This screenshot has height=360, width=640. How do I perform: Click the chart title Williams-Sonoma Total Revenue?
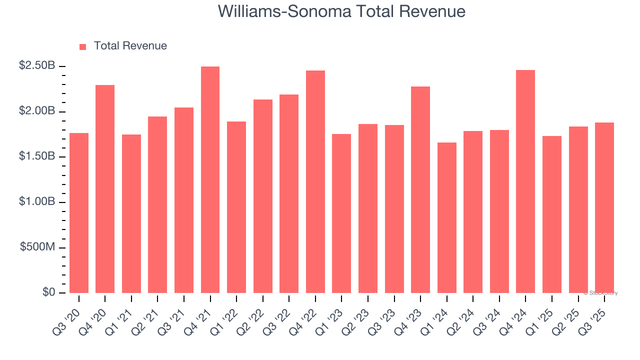(x=341, y=11)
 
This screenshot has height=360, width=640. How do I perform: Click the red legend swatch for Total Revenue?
(x=83, y=47)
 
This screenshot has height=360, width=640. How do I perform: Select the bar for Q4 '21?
(x=210, y=180)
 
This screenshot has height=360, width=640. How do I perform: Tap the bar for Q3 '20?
(x=79, y=213)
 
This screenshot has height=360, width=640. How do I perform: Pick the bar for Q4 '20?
(x=105, y=189)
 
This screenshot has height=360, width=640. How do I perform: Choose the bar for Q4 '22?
(x=315, y=182)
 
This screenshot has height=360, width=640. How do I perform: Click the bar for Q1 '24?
(x=447, y=218)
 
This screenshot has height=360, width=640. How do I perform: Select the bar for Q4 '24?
(x=525, y=181)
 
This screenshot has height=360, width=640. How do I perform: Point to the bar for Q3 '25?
(x=604, y=208)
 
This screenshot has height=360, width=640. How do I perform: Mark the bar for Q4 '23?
(x=420, y=190)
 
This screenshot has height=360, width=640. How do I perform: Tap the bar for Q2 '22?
(x=263, y=196)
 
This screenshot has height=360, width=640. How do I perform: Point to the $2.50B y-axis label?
(x=37, y=66)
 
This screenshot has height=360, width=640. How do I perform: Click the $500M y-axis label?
(x=37, y=247)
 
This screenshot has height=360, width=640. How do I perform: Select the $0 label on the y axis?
(x=48, y=292)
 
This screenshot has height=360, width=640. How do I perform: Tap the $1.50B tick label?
(x=37, y=156)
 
